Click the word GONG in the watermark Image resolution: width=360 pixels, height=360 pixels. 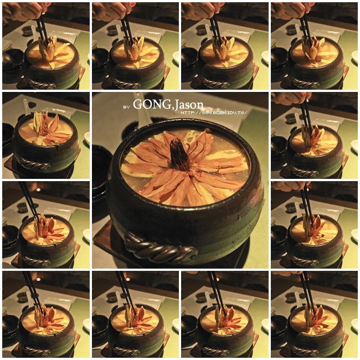(x=152, y=105)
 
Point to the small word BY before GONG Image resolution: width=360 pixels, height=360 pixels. (x=126, y=106)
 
